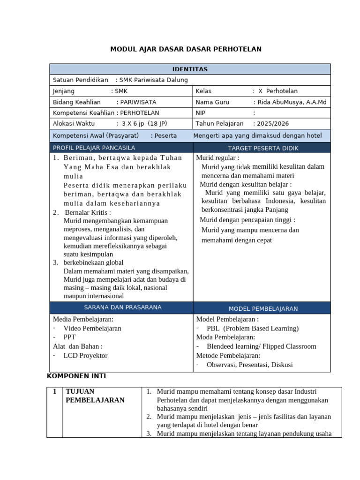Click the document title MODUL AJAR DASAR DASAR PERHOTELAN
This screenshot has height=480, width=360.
tap(186, 49)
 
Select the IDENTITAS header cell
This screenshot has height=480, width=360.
tap(190, 69)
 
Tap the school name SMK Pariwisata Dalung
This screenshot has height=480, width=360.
tap(153, 80)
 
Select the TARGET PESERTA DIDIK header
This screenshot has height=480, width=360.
tap(263, 148)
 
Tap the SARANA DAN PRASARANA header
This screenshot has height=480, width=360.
tap(122, 307)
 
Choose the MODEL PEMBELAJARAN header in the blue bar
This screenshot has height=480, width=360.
tap(263, 308)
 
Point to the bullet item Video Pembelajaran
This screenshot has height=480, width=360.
tap(92, 329)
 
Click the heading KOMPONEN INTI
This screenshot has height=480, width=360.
tap(80, 376)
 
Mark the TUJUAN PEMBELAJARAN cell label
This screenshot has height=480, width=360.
tap(95, 396)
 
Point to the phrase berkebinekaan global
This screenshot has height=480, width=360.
tap(93, 262)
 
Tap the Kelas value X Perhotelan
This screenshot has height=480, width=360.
tap(279, 91)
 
